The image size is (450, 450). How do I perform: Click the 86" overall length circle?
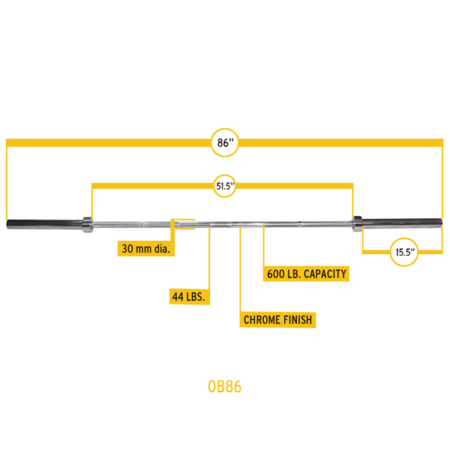click(x=224, y=142)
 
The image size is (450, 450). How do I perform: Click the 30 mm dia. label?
click(x=146, y=248)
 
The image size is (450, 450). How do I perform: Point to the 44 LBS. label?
click(x=189, y=297)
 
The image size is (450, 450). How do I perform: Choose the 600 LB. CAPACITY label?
click(x=307, y=274)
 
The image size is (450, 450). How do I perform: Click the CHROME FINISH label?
click(x=277, y=320)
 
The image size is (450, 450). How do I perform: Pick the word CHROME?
click(x=261, y=320)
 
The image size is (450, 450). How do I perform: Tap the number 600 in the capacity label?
click(x=276, y=274)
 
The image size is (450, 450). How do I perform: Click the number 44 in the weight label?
click(x=178, y=297)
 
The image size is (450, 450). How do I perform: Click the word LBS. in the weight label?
click(x=196, y=297)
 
